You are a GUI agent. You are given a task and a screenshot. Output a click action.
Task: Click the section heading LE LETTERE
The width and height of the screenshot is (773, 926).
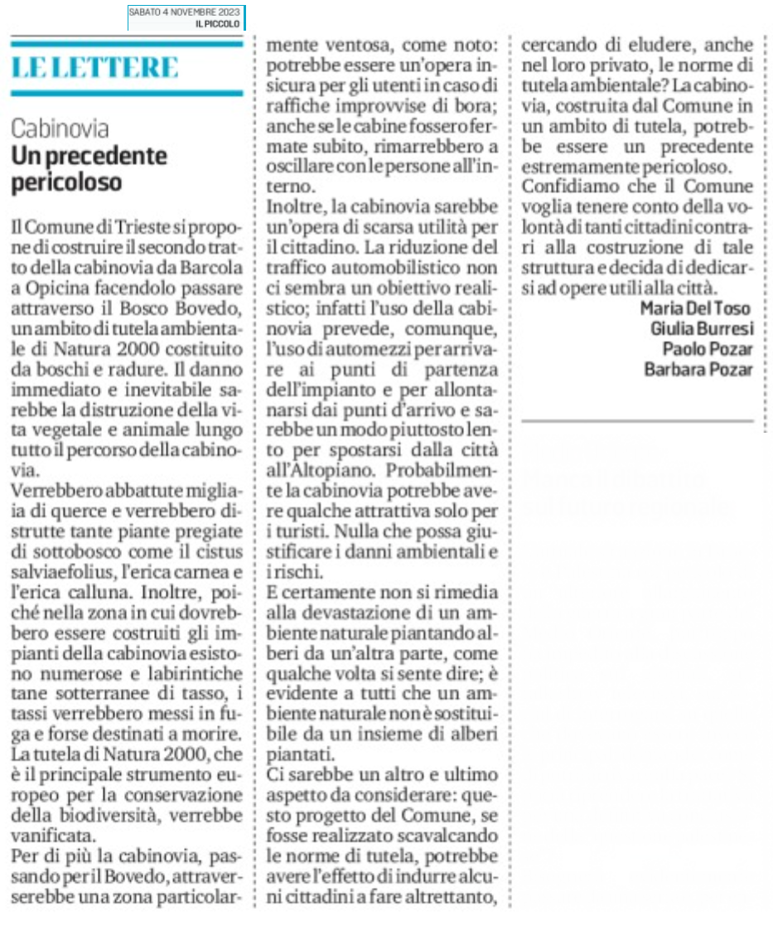tap(95, 67)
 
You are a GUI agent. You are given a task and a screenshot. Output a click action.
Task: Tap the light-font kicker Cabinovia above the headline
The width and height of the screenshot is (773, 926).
tap(60, 128)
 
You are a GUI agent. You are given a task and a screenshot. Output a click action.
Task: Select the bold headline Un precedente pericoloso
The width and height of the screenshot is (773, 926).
tap(89, 168)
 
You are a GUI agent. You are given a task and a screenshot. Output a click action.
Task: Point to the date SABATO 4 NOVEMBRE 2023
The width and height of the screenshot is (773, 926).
tap(186, 12)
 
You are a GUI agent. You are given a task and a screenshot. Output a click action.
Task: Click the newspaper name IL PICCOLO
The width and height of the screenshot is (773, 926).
tap(218, 24)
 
